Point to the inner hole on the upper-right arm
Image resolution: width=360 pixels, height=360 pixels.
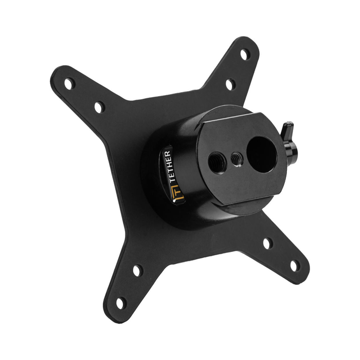(230, 84)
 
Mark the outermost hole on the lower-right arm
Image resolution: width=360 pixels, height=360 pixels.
(295, 266)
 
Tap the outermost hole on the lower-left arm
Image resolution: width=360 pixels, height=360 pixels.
(121, 303)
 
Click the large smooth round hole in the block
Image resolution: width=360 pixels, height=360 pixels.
(262, 154)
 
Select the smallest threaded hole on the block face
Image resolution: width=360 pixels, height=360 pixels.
(237, 159)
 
